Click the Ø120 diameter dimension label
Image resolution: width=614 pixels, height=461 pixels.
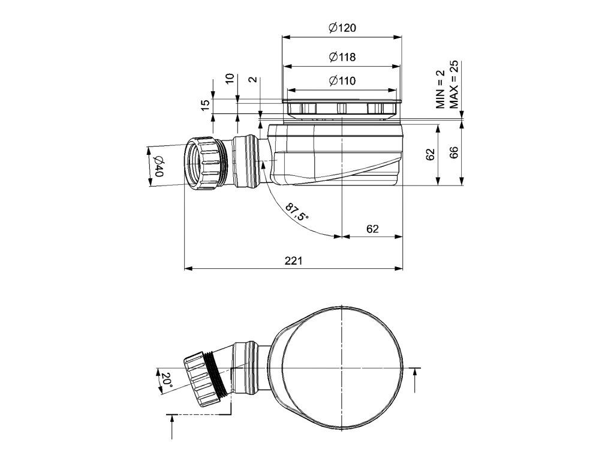click(x=342, y=28)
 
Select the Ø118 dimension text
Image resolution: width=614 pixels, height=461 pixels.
click(x=342, y=57)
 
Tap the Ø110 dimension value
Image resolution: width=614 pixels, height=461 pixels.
click(x=342, y=81)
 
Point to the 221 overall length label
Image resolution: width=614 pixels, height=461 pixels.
click(x=293, y=261)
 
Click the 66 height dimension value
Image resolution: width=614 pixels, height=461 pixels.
click(x=454, y=152)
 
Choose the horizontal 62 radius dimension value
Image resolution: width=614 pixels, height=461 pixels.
click(x=372, y=228)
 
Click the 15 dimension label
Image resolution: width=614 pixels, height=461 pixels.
click(x=205, y=104)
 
